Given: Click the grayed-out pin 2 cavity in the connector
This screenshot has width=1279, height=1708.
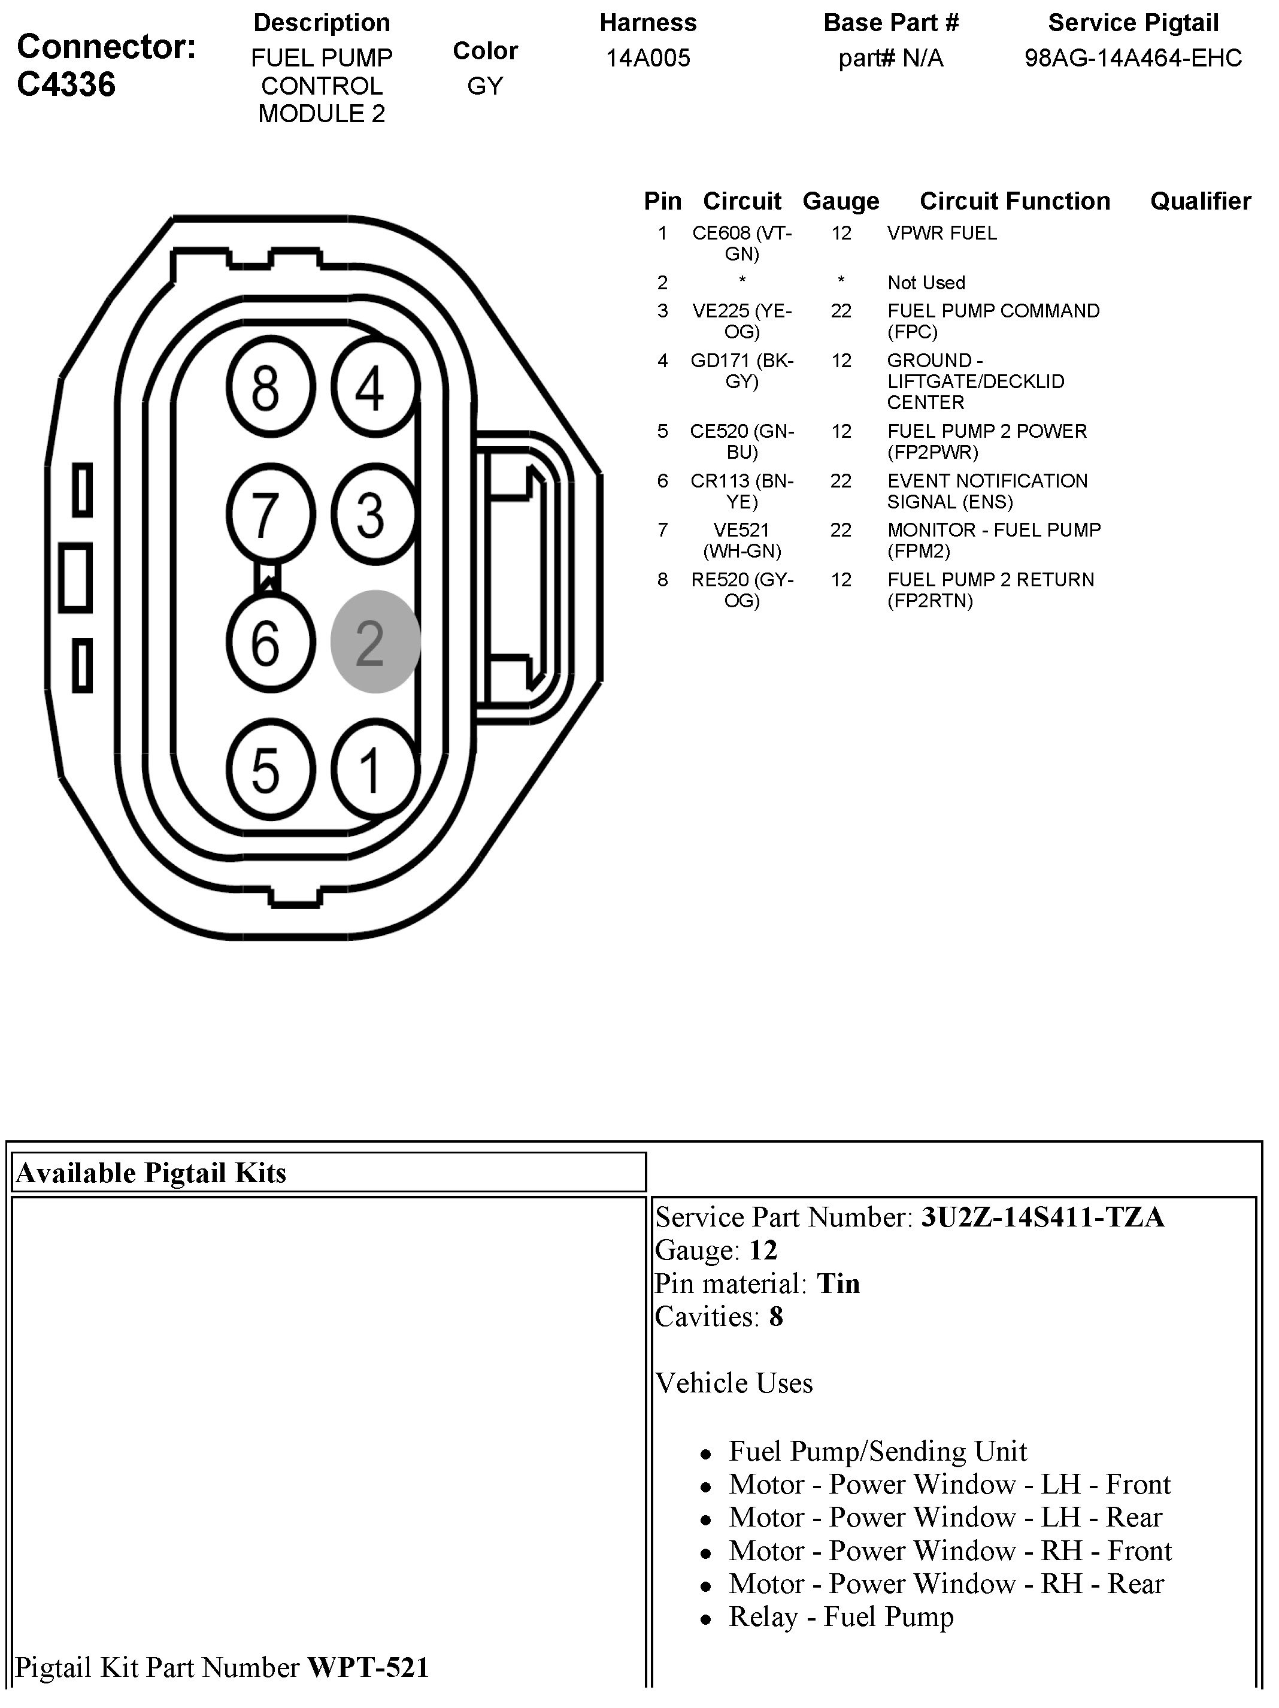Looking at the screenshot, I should pos(375,641).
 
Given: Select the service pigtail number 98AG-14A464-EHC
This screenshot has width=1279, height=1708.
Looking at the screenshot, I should pos(1133,58).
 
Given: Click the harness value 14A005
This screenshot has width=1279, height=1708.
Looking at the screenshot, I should pos(648,58).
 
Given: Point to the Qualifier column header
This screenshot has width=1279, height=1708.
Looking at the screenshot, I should pos(1201,201).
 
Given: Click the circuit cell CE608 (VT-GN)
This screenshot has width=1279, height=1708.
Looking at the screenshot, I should pos(742,243).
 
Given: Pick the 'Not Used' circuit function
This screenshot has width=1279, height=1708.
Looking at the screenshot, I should pos(926,283).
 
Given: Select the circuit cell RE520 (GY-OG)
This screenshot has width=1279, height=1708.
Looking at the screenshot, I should pos(742,589).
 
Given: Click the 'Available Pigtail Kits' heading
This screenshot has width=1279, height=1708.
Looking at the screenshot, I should pos(151,1172).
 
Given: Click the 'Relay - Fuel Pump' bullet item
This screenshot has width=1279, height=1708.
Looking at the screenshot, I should pos(841,1616).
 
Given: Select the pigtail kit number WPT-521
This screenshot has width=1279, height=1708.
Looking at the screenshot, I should pos(368,1667).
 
